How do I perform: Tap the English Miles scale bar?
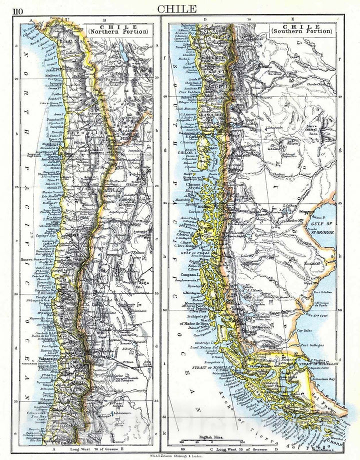pyautogui.click(x=209, y=441)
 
